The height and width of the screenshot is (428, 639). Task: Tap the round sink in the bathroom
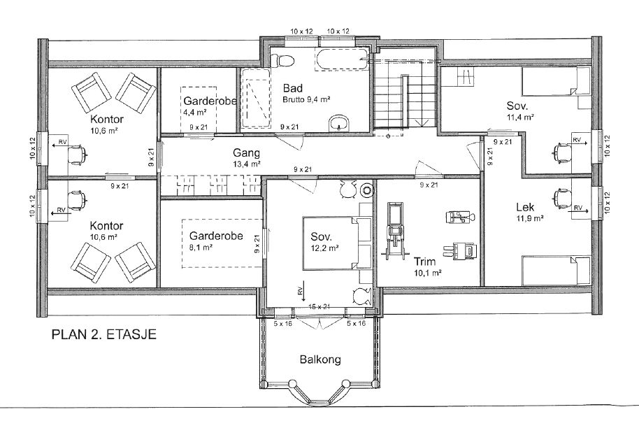point(339,122)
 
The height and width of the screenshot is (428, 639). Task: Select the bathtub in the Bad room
point(341,59)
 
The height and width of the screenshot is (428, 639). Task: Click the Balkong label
point(320,359)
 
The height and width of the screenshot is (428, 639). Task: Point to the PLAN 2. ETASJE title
point(104,335)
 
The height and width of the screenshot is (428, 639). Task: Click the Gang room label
point(247,153)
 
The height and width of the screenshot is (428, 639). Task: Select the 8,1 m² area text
point(201,247)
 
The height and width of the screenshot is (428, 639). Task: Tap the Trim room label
point(425,262)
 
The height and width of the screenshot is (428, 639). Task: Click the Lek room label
point(525,207)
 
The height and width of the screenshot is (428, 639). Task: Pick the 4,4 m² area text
point(194,111)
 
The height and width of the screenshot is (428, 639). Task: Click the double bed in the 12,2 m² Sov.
point(336,243)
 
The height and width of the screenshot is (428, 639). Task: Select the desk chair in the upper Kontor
point(77,155)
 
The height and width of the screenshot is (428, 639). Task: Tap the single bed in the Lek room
point(557,271)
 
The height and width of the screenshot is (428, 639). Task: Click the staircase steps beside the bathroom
point(406,95)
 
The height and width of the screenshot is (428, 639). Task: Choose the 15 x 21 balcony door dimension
point(319,306)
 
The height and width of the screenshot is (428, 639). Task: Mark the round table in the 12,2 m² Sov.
point(367,190)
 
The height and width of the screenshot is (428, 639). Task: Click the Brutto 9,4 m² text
point(306,99)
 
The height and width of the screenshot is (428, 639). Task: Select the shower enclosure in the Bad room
point(255,99)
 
